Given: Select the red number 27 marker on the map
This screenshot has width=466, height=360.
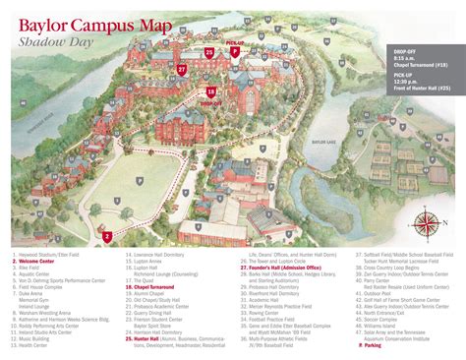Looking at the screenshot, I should click(x=182, y=70).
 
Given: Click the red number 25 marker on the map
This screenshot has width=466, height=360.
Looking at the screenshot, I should click(x=209, y=51).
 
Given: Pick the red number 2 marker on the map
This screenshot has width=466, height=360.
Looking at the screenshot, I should click(x=106, y=237).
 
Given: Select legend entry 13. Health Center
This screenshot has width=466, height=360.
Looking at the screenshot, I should click(x=35, y=344).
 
